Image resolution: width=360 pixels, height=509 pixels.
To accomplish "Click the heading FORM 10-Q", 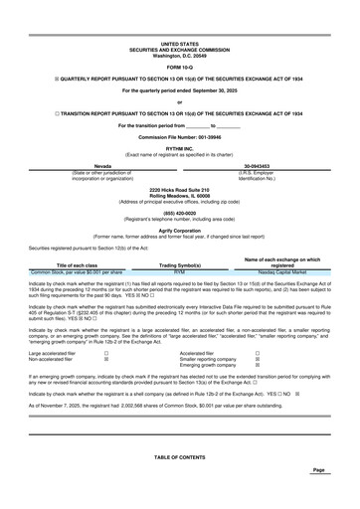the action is click(179, 66).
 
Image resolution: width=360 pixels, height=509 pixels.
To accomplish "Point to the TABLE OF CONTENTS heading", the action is click(179, 456).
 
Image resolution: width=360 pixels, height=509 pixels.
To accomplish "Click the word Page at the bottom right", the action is click(318, 470).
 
